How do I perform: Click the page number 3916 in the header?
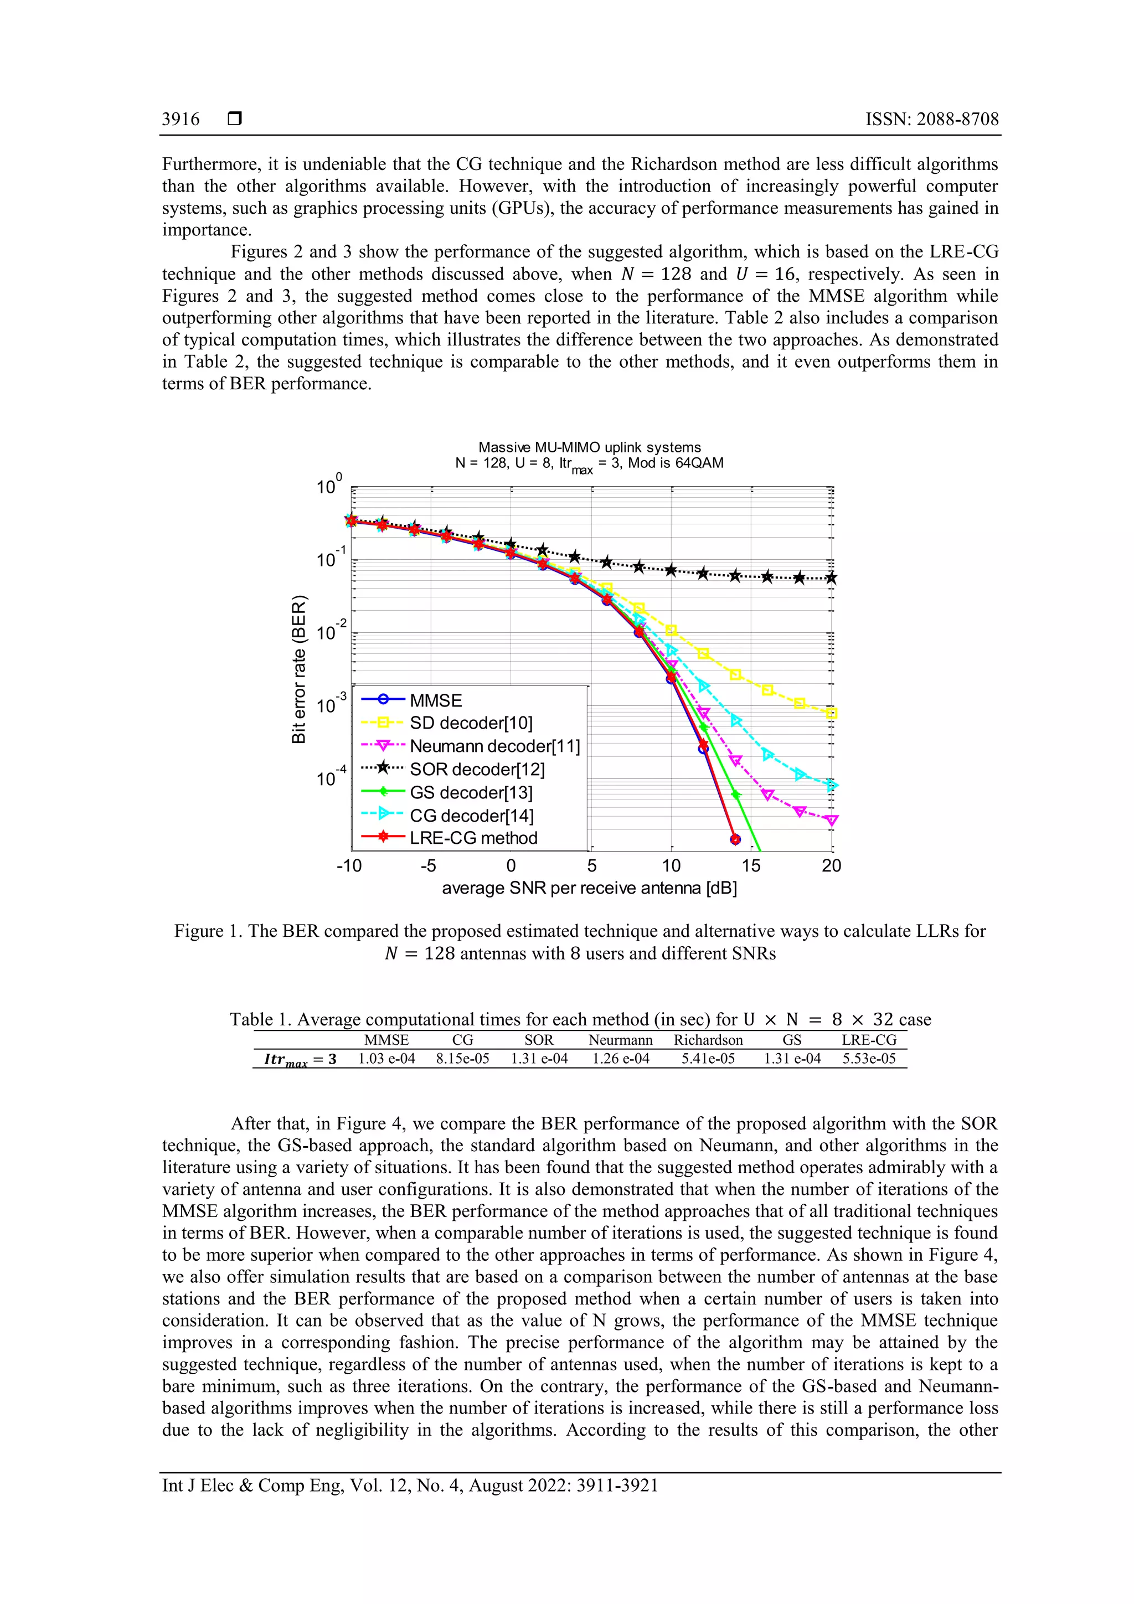[x=181, y=120]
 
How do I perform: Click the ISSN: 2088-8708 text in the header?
[x=931, y=120]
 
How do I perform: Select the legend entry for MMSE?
[x=435, y=701]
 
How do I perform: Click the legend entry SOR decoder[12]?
[x=477, y=769]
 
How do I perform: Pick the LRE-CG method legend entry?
[x=473, y=838]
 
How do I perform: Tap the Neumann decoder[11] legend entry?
[x=494, y=746]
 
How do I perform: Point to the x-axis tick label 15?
[x=751, y=867]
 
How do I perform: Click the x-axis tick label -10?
[x=349, y=867]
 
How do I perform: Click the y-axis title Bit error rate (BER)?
[x=299, y=669]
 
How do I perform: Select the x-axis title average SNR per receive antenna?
[x=589, y=889]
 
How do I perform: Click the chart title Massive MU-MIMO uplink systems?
[x=589, y=447]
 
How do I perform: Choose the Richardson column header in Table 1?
[x=708, y=1040]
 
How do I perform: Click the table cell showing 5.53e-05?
[x=868, y=1059]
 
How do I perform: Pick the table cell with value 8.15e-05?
[x=462, y=1059]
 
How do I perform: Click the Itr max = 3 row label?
[x=301, y=1060]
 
